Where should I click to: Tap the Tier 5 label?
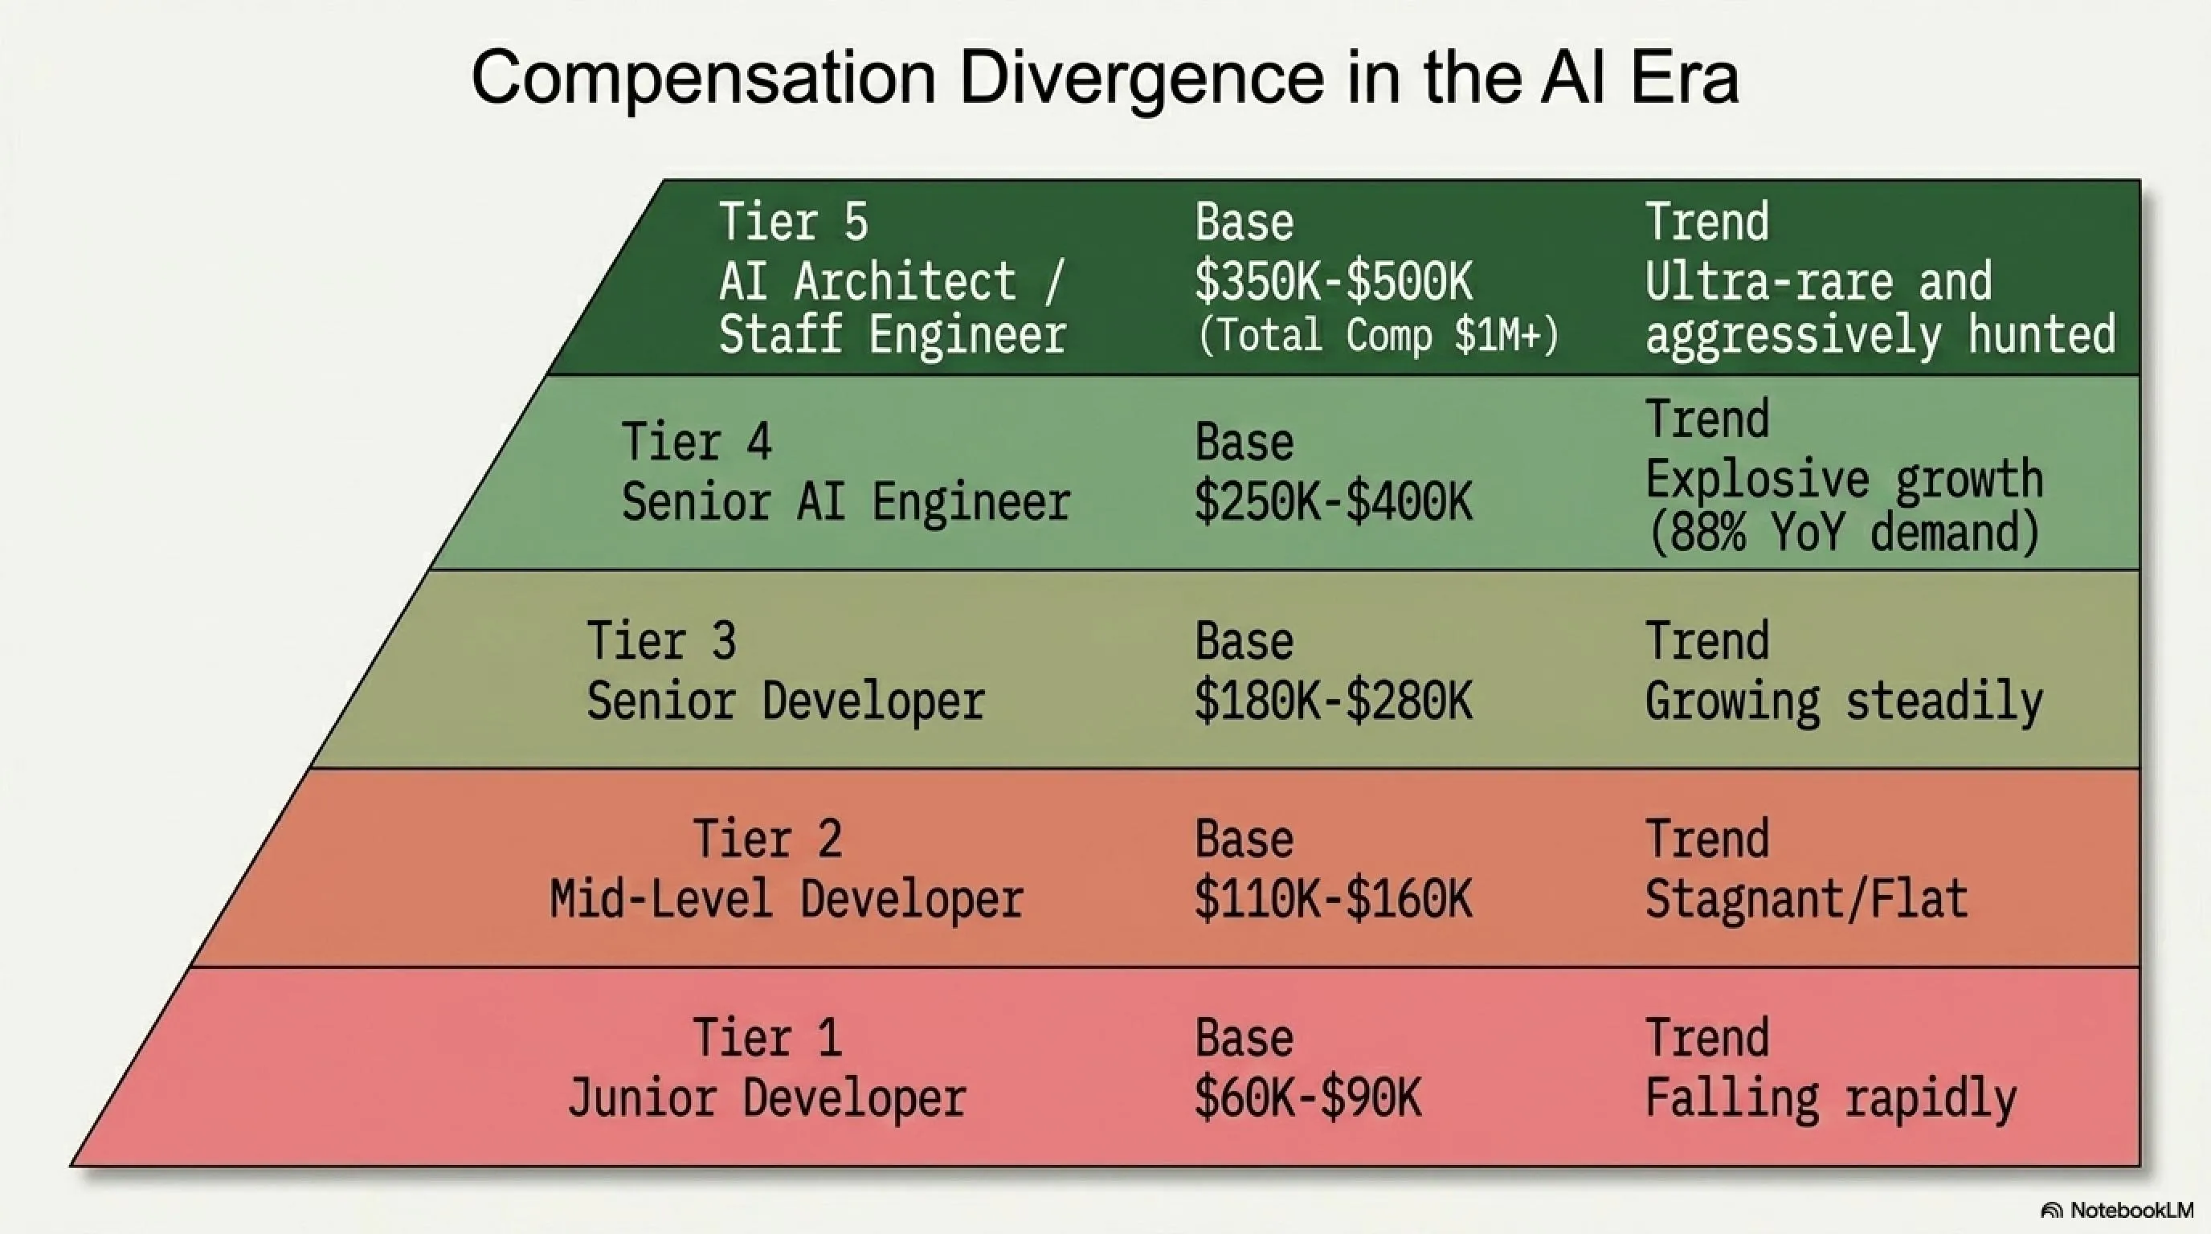click(794, 222)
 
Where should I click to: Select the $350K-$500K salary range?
click(1334, 281)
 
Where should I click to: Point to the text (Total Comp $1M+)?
click(1378, 335)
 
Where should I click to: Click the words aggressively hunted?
click(1881, 336)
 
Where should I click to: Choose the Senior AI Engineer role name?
click(846, 501)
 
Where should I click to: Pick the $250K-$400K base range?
click(1334, 502)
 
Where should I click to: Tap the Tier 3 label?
click(662, 640)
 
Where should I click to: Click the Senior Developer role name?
click(786, 702)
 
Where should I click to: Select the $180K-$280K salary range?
click(1334, 701)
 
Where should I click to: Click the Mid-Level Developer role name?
click(787, 900)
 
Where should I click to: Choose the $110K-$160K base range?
click(1334, 899)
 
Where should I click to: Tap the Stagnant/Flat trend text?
click(1807, 900)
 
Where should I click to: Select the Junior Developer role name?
click(767, 1099)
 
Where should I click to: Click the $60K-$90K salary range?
click(1308, 1098)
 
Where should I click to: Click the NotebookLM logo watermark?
click(2116, 1211)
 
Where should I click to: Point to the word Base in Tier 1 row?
click(1244, 1037)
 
